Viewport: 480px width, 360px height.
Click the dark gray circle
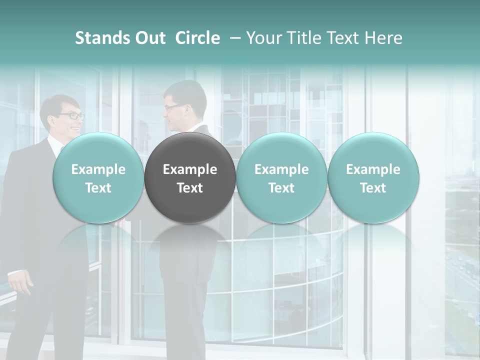pos(190,177)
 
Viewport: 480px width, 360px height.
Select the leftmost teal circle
pos(98,177)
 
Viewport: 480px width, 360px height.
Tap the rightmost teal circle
pos(373,177)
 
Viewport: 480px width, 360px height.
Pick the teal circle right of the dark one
pos(281,177)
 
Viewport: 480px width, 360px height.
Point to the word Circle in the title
pos(197,38)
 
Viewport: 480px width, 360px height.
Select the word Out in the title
pos(149,38)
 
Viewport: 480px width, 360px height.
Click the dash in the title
pos(232,38)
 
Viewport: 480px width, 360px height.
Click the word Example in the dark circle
pos(190,169)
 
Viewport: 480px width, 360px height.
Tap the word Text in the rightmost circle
pos(373,188)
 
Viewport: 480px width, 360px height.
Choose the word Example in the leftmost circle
pos(98,169)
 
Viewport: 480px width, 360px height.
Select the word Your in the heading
pos(264,38)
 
